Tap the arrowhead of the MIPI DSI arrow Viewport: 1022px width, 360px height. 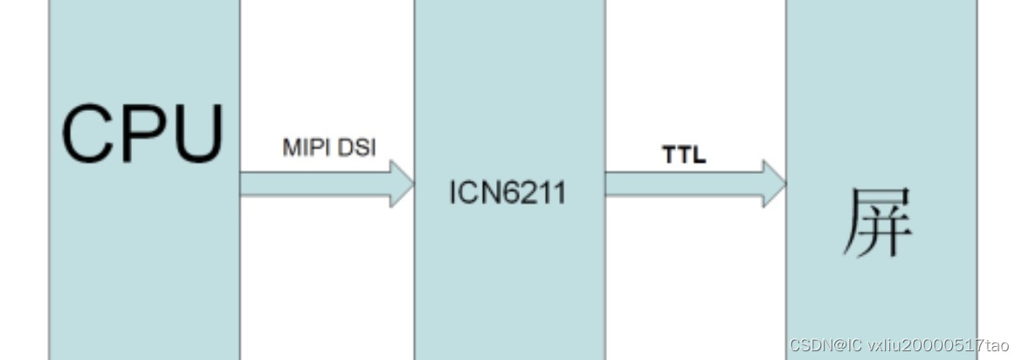[x=401, y=183]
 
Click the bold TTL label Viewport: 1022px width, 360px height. [x=684, y=156]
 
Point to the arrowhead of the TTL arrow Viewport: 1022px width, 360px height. [x=774, y=183]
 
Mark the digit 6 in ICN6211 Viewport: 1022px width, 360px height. [x=510, y=192]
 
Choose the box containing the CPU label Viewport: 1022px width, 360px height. [x=144, y=262]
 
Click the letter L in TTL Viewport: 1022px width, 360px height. [x=698, y=156]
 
